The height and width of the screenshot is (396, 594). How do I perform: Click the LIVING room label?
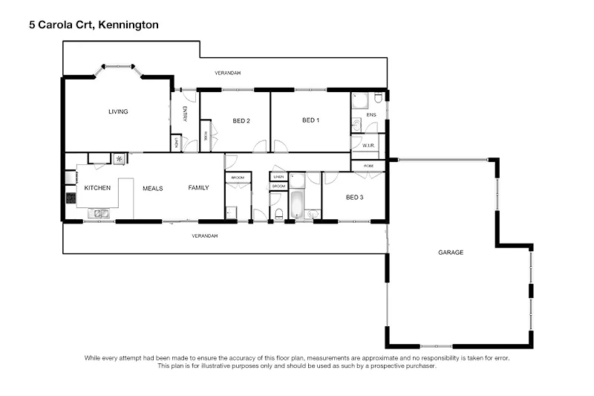click(x=118, y=112)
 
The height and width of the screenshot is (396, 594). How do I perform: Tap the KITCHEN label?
click(x=97, y=188)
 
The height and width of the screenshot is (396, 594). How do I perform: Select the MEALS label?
click(x=153, y=189)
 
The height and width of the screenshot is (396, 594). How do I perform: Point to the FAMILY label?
click(x=198, y=188)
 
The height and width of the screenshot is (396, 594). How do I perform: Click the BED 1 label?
click(x=310, y=120)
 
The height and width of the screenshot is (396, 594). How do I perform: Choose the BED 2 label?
click(x=241, y=121)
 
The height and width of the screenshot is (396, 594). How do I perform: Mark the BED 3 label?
click(x=353, y=197)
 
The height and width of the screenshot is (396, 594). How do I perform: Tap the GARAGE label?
click(x=451, y=253)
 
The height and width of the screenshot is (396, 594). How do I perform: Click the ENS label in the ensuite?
click(x=371, y=115)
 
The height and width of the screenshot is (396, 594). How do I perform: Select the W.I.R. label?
click(x=368, y=146)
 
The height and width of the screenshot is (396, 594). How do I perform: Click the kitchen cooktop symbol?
click(x=71, y=198)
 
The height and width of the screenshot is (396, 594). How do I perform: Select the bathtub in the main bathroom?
click(x=296, y=204)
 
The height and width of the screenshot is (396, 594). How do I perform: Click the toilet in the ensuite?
click(x=378, y=98)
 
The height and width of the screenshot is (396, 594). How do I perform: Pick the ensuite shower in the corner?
click(x=360, y=101)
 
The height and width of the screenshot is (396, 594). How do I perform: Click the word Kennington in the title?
click(x=123, y=25)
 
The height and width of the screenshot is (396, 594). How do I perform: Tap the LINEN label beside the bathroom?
click(x=278, y=177)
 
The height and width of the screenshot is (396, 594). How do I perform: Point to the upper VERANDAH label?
click(x=228, y=73)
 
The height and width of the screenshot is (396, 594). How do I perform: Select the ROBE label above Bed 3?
click(x=369, y=166)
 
